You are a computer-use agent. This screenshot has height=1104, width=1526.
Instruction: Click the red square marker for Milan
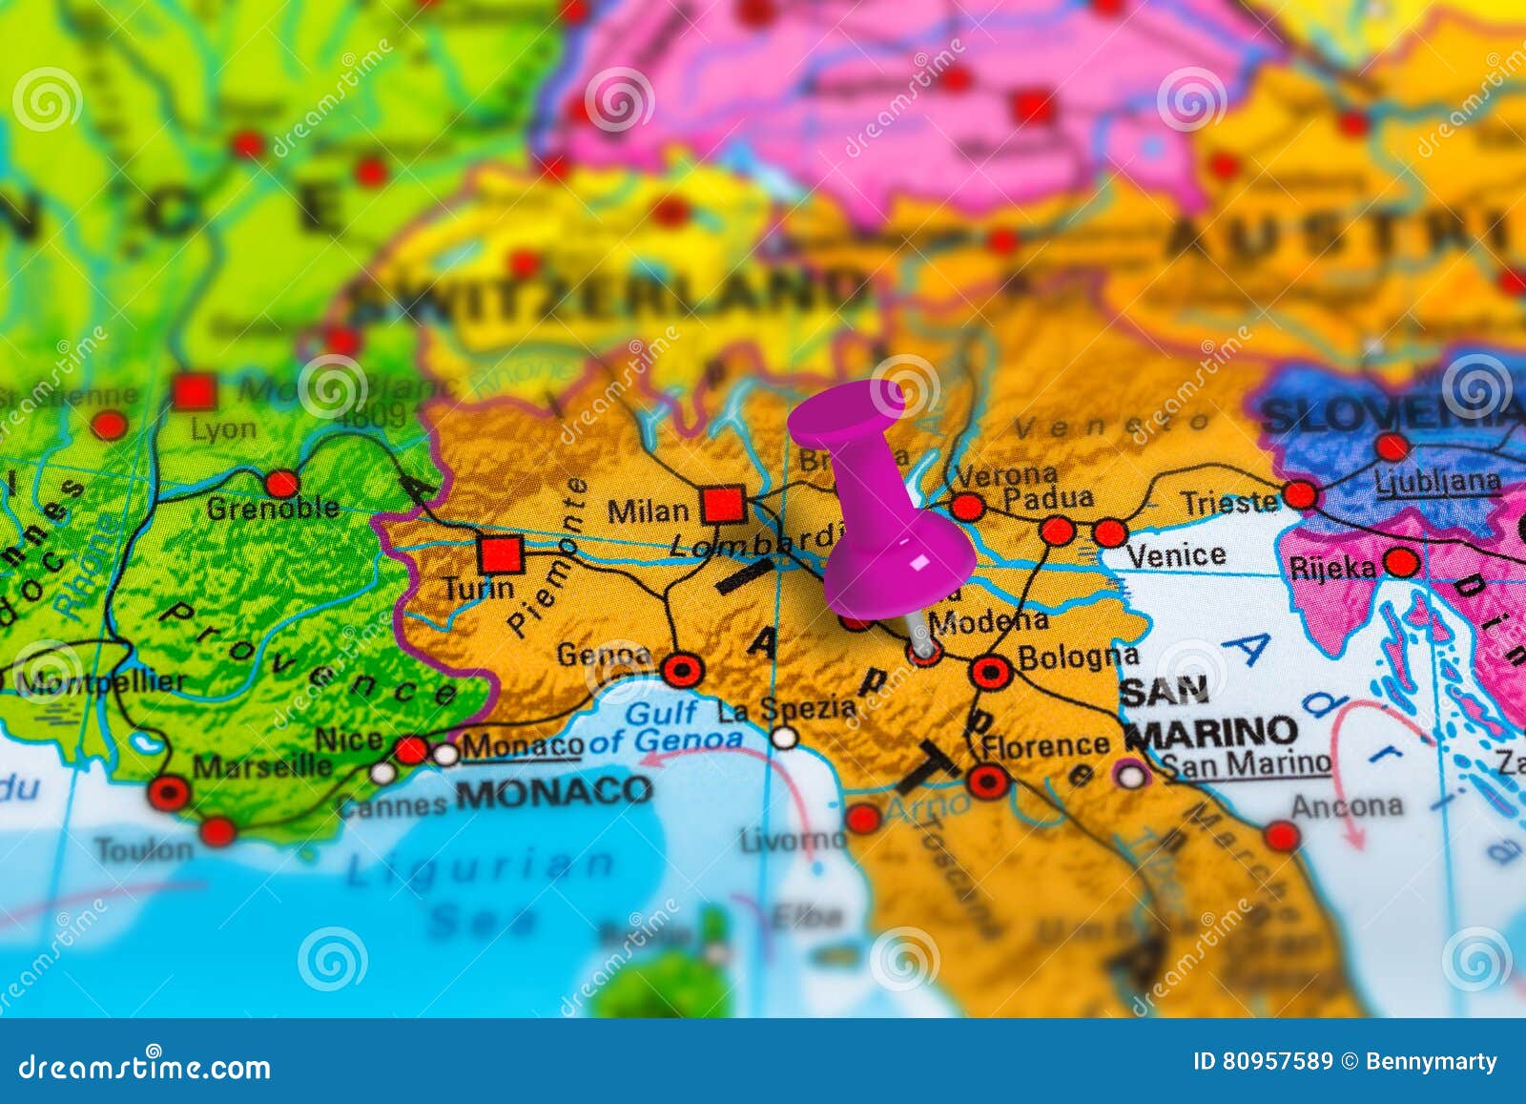pyautogui.click(x=723, y=504)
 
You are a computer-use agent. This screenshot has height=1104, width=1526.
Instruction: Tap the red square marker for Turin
pyautogui.click(x=501, y=553)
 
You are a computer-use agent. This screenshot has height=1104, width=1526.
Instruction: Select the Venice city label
pyautogui.click(x=1176, y=554)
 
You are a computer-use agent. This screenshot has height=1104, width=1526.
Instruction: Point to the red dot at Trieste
pyautogui.click(x=1299, y=494)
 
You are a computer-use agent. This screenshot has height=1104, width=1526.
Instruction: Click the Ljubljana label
pyautogui.click(x=1437, y=482)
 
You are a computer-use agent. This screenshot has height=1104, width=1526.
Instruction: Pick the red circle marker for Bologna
pyautogui.click(x=991, y=673)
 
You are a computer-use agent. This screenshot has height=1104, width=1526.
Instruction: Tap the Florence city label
pyautogui.click(x=1045, y=745)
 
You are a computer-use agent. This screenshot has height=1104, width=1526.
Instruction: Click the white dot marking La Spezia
pyautogui.click(x=784, y=737)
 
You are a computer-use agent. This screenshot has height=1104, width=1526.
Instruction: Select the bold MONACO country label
pyautogui.click(x=554, y=791)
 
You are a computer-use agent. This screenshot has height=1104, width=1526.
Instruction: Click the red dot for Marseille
pyautogui.click(x=170, y=793)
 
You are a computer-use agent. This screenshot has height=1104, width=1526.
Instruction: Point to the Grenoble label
pyautogui.click(x=273, y=508)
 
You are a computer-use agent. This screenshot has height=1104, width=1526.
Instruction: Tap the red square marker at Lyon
pyautogui.click(x=194, y=391)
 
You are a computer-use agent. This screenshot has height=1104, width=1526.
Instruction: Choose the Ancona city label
pyautogui.click(x=1347, y=806)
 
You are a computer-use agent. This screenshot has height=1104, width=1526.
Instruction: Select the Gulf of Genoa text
pyautogui.click(x=662, y=726)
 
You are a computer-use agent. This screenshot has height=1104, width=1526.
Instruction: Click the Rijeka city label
pyautogui.click(x=1332, y=568)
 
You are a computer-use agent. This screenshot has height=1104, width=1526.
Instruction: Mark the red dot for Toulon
pyautogui.click(x=217, y=831)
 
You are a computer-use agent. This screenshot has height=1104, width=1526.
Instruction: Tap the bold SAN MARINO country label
pyautogui.click(x=1209, y=712)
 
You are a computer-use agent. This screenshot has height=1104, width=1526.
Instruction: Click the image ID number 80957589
pyautogui.click(x=1276, y=1061)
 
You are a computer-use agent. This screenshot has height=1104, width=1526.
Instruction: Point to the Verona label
pyautogui.click(x=1006, y=474)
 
